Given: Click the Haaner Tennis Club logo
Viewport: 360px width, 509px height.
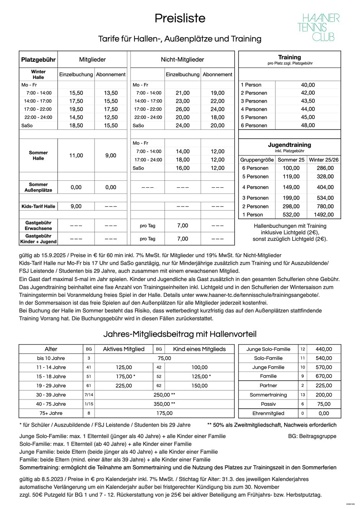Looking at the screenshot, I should [318, 27].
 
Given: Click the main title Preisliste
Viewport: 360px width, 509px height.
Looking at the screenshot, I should [180, 18].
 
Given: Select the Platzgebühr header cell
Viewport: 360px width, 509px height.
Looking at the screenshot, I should [38, 60].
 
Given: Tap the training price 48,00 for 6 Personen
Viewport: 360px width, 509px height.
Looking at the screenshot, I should [308, 125].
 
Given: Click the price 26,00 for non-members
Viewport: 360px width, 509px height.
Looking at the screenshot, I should [182, 109].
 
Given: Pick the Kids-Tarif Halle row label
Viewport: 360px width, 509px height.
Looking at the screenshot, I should [38, 206].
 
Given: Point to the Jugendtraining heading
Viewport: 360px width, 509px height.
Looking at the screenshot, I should [289, 145].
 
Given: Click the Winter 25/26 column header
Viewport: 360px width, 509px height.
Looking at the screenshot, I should [324, 160].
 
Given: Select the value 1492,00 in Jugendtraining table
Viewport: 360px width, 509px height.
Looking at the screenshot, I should [324, 215].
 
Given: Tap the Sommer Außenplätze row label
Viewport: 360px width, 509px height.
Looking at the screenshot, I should [38, 187].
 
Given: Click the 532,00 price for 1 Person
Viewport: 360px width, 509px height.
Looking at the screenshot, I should [291, 215].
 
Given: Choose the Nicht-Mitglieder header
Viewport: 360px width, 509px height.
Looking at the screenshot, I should [182, 60].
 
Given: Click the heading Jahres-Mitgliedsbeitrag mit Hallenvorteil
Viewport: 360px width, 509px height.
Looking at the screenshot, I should [180, 334].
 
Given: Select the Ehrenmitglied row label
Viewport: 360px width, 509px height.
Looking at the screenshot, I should [268, 414].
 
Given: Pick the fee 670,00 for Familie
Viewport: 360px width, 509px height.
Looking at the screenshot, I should [324, 376].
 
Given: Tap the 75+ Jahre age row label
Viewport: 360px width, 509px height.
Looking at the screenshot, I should [51, 414].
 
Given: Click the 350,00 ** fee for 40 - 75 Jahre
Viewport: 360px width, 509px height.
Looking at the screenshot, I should [164, 404].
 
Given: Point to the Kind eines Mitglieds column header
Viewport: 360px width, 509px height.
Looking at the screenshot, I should [199, 349].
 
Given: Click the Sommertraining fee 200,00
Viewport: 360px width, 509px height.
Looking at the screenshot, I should [324, 395].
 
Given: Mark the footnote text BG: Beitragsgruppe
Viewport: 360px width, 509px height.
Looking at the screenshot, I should [312, 436].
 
